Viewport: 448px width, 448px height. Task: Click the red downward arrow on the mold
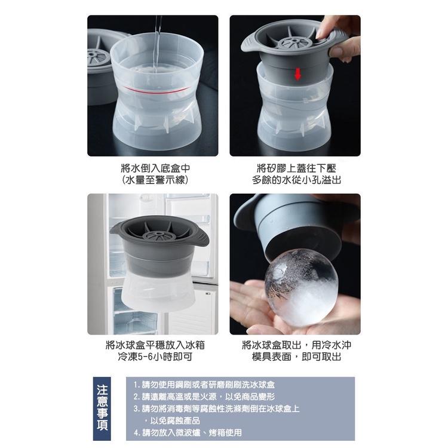click(x=297, y=74)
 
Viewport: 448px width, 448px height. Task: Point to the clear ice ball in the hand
click(x=302, y=288)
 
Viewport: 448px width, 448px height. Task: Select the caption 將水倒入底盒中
click(x=155, y=168)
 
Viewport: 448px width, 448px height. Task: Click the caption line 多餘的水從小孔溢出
click(x=296, y=180)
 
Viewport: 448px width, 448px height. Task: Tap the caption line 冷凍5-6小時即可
click(x=155, y=357)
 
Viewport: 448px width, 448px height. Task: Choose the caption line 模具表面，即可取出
click(x=296, y=357)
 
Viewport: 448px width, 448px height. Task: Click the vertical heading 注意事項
click(x=102, y=409)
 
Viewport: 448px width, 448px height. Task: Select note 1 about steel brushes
click(x=204, y=385)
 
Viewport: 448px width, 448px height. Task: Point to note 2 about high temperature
click(x=204, y=397)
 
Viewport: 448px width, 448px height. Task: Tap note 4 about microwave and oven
click(x=188, y=432)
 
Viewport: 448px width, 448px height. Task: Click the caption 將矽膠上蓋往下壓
click(x=296, y=168)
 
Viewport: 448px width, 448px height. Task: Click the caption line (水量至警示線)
click(x=155, y=180)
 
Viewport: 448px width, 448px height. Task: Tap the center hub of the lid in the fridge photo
click(x=157, y=236)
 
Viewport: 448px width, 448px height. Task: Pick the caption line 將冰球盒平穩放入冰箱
click(x=155, y=345)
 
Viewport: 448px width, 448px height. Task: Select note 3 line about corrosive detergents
click(x=217, y=409)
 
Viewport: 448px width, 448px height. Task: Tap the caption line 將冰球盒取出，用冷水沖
click(x=296, y=345)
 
